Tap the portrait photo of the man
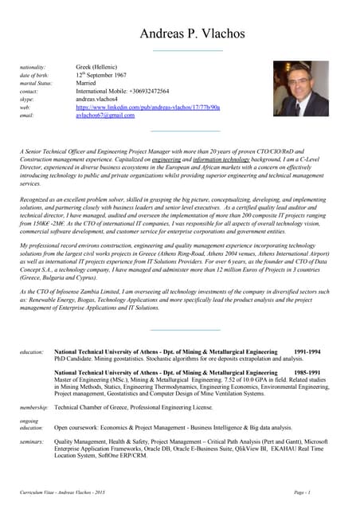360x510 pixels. tap(300, 89)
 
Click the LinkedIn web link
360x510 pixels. tap(148, 107)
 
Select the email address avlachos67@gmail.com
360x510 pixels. tap(105, 115)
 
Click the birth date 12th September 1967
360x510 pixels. tap(101, 75)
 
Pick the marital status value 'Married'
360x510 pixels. tap(86, 83)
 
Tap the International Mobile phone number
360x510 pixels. tap(123, 91)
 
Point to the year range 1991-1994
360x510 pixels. tap(307, 351)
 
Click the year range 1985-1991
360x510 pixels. tap(307, 372)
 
